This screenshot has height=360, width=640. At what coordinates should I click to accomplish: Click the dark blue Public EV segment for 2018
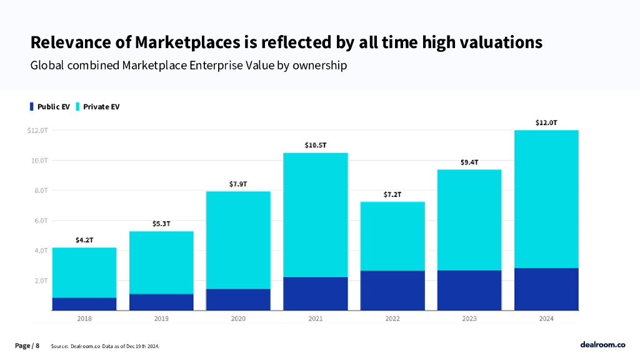(84, 304)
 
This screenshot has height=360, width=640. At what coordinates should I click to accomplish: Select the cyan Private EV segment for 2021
(316, 214)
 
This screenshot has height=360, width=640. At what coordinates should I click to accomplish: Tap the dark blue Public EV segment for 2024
(547, 289)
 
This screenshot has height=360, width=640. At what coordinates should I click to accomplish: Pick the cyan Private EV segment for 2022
(392, 236)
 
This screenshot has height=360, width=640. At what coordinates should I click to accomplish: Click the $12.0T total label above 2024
(547, 122)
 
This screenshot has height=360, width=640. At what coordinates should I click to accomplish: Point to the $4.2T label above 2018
(84, 240)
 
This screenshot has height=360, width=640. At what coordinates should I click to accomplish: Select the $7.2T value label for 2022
(392, 194)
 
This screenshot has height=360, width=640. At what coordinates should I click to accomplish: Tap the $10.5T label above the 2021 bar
(316, 145)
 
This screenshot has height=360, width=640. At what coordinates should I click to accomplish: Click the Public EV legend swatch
(32, 106)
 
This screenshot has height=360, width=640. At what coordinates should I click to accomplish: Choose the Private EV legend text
(101, 107)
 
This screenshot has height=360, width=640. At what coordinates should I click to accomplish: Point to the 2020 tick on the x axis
(238, 319)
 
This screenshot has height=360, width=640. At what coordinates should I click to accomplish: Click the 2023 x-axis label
(469, 319)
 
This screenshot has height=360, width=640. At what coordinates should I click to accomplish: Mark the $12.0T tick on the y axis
(37, 131)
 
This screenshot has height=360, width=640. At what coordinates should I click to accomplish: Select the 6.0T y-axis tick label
(39, 221)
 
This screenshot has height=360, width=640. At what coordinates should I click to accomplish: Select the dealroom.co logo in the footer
(602, 344)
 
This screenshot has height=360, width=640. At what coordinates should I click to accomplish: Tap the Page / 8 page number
(27, 346)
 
